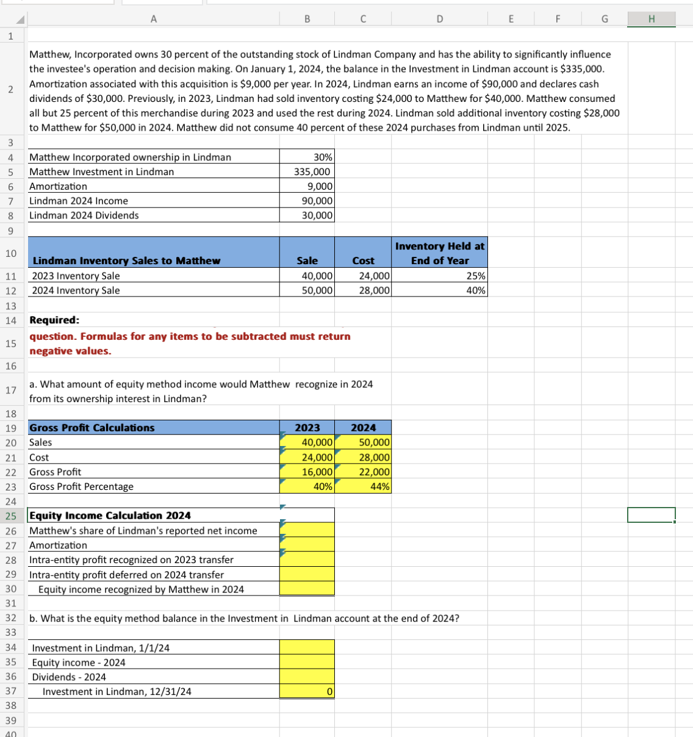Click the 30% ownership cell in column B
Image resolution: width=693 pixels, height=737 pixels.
(x=307, y=157)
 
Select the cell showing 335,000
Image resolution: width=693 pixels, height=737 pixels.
(x=307, y=171)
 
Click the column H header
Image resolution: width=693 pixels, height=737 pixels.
(x=652, y=19)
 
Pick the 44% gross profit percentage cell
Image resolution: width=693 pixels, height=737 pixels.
(x=364, y=486)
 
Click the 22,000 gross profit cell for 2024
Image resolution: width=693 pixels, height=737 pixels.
(x=364, y=472)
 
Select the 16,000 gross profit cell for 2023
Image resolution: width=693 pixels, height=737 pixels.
(x=307, y=472)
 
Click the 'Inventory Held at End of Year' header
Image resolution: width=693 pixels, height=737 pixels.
(x=439, y=253)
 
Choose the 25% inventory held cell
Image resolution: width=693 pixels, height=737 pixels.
(x=439, y=276)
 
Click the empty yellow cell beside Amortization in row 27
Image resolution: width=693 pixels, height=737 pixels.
(x=307, y=545)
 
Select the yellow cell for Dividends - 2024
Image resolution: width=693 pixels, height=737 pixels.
(x=307, y=677)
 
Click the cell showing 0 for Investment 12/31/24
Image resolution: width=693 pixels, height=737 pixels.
(x=307, y=691)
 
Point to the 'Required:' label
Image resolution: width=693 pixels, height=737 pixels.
(x=54, y=320)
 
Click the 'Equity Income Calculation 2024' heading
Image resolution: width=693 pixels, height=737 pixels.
(x=110, y=516)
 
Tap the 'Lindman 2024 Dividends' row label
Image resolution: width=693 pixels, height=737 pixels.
(x=84, y=215)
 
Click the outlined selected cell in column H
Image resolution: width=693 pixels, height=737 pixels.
(x=651, y=515)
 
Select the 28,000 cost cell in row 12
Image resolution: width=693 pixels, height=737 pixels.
(x=364, y=290)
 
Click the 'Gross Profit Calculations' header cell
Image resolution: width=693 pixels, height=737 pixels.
(x=92, y=428)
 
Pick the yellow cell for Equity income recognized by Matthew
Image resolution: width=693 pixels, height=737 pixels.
(x=307, y=589)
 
